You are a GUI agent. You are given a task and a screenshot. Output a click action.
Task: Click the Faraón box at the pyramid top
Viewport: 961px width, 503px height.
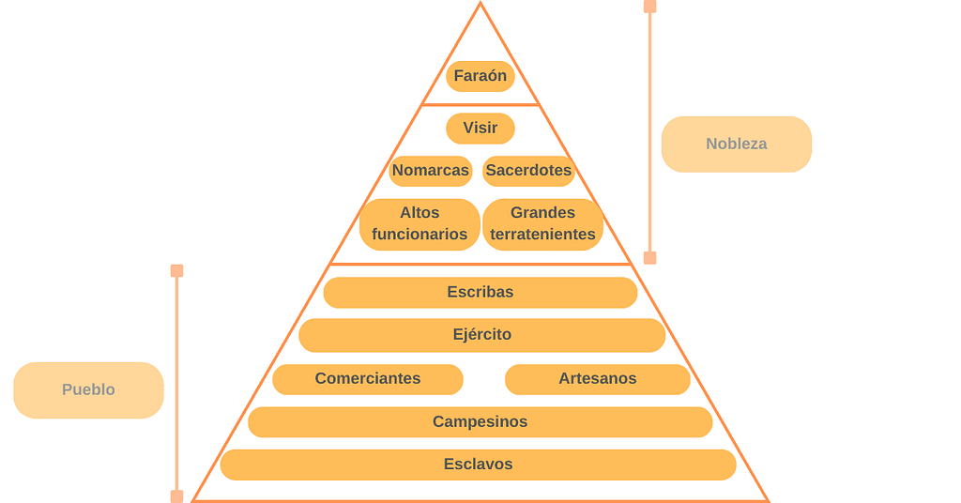[480, 76]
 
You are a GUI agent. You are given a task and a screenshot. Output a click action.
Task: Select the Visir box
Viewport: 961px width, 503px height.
[480, 128]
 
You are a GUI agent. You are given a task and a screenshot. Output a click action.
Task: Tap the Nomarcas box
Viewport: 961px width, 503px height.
[431, 171]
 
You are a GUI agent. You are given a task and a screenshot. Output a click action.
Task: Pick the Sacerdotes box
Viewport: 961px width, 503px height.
[528, 171]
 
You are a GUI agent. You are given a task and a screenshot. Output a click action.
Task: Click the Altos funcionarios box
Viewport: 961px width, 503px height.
[419, 223]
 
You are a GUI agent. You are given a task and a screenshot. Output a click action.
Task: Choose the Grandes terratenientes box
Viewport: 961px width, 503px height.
[542, 223]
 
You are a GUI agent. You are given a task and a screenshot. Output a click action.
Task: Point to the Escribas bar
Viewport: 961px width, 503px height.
[480, 292]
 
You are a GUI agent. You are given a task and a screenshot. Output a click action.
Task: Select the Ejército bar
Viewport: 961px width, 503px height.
[481, 335]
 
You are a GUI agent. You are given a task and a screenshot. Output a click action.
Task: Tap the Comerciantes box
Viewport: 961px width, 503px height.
[368, 379]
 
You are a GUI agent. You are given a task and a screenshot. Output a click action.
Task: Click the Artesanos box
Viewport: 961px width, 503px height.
[597, 379]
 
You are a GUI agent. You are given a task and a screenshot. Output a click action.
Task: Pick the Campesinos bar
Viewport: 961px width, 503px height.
[480, 422]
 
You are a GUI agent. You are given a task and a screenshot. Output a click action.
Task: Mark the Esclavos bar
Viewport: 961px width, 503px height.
[478, 465]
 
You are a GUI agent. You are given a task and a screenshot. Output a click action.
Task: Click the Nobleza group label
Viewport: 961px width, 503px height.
[737, 145]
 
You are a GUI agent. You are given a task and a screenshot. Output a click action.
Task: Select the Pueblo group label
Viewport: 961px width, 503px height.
[88, 389]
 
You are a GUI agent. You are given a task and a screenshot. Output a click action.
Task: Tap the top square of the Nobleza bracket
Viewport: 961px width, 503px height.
[649, 7]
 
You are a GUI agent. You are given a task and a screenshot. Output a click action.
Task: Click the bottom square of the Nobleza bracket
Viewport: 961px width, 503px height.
[649, 258]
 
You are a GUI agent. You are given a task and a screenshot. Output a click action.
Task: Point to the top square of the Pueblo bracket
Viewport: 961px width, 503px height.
[176, 271]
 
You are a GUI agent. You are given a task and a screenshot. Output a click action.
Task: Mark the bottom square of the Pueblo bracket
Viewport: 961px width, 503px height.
[176, 496]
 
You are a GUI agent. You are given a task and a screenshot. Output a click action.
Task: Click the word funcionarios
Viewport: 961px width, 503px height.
[419, 235]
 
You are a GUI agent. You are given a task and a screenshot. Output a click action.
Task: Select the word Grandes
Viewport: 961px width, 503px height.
[542, 213]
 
